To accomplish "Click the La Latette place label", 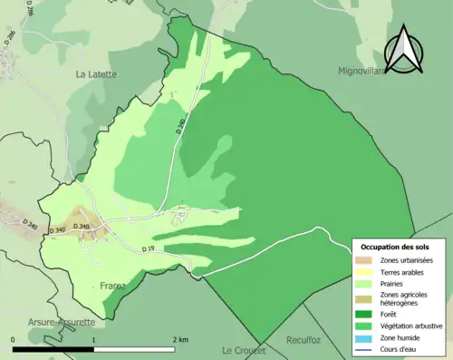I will click(96, 74).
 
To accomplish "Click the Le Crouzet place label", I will click(242, 349).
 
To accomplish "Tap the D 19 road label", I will click(149, 248).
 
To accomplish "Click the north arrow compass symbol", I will click(405, 49).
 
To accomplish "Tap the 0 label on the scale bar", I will click(14, 340).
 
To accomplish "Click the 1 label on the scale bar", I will click(94, 340).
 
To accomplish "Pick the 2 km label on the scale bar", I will click(179, 340).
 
